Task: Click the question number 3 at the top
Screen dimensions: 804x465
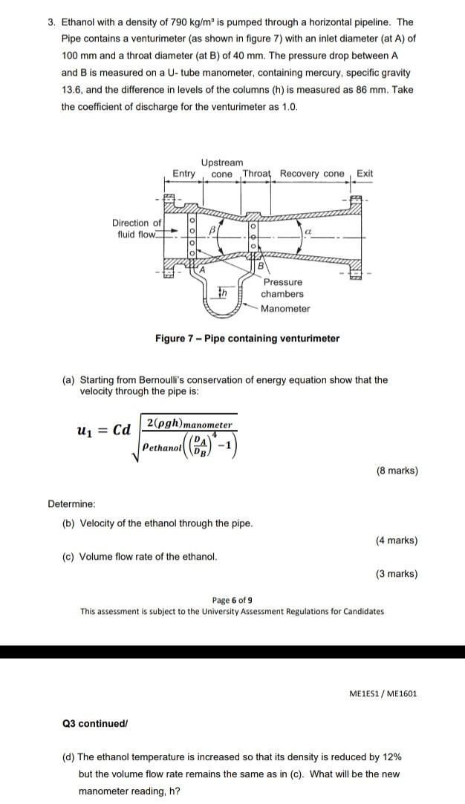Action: tap(51, 22)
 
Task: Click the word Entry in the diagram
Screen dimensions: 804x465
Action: tap(183, 174)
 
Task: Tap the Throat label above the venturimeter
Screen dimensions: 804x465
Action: tap(258, 174)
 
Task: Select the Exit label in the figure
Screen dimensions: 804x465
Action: tap(365, 174)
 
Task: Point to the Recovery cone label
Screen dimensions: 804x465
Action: tap(312, 174)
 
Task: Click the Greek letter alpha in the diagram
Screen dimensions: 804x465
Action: tap(305, 232)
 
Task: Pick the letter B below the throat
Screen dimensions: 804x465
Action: tap(260, 267)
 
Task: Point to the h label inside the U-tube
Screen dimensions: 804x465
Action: tap(222, 293)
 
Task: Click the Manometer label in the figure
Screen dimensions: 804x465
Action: tap(285, 309)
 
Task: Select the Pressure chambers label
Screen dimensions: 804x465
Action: tap(282, 288)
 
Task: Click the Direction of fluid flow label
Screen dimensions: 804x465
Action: tap(136, 229)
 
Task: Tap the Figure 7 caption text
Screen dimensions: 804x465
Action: tap(247, 339)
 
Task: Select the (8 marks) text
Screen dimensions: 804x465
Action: tap(397, 471)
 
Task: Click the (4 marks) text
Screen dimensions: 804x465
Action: tap(397, 540)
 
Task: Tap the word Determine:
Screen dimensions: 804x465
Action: tap(72, 504)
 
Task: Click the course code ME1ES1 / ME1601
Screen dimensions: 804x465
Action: tap(383, 693)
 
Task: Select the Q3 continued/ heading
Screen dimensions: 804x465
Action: tap(96, 723)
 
